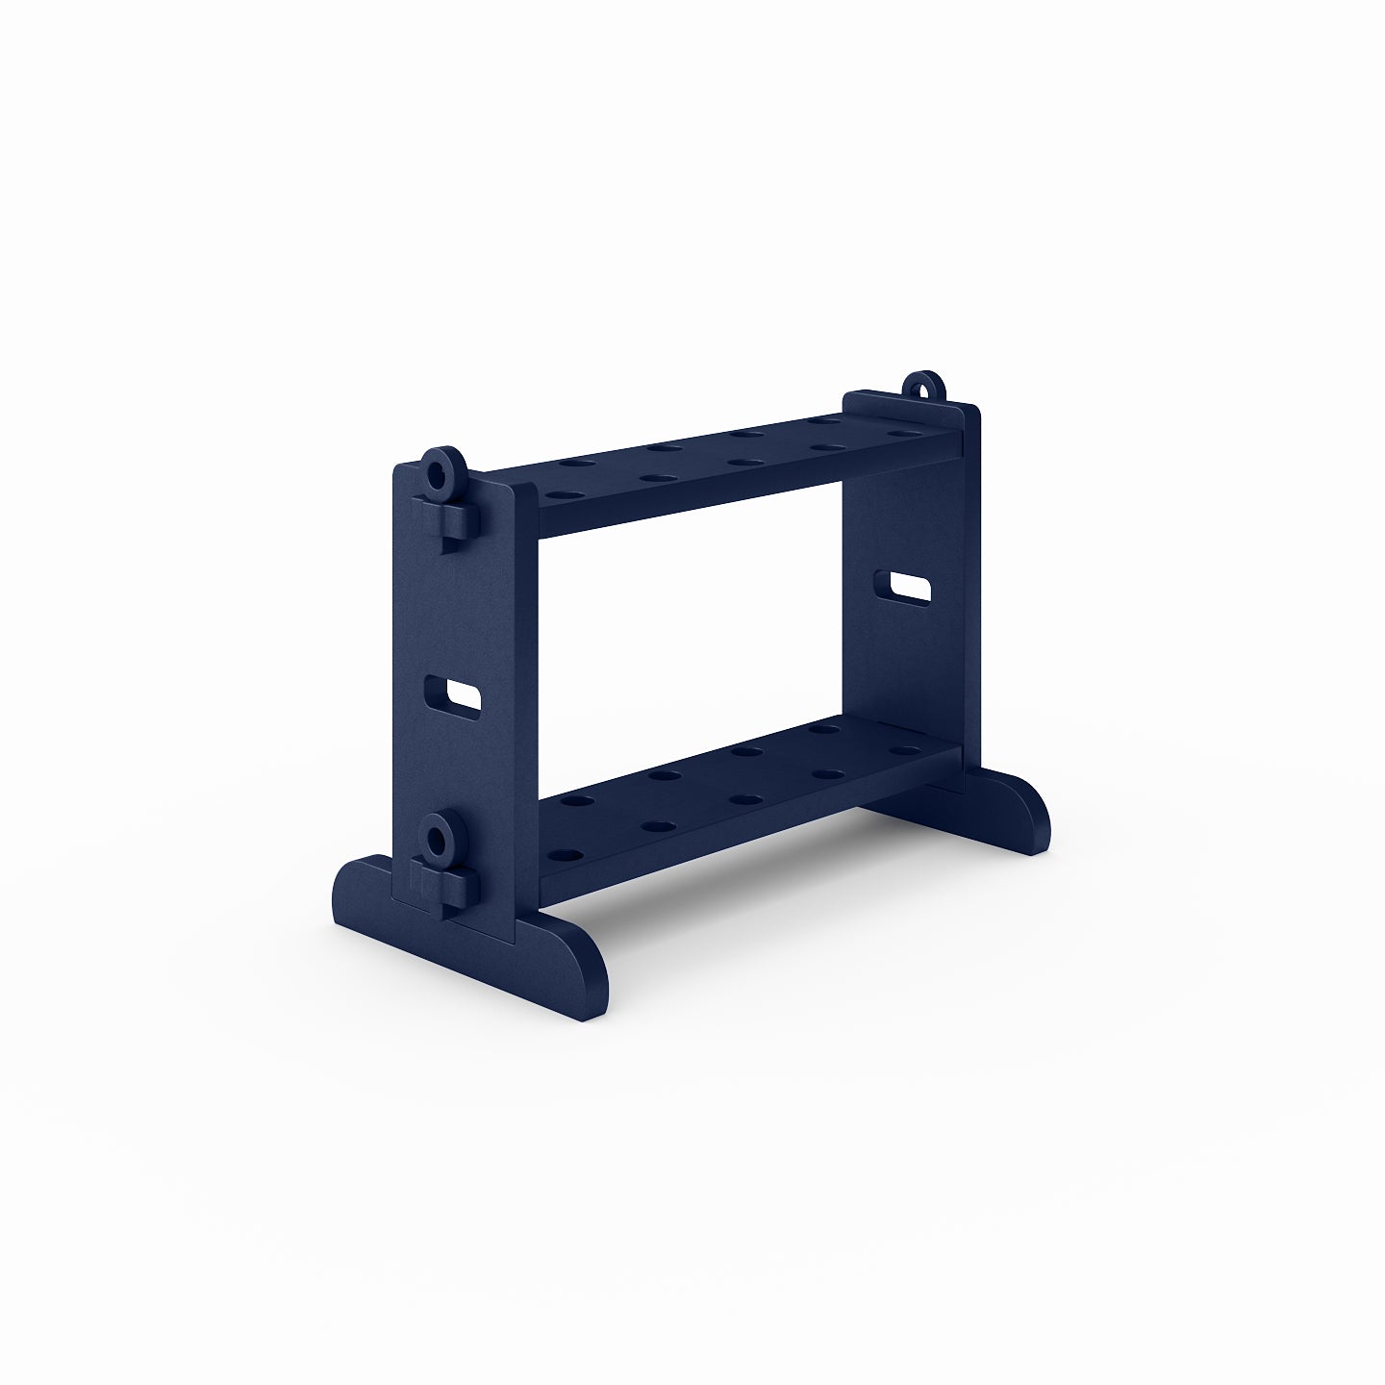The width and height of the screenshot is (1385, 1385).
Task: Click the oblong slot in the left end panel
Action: pyautogui.click(x=453, y=694)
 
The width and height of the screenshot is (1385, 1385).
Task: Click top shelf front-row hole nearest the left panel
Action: pyautogui.click(x=557, y=495)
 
